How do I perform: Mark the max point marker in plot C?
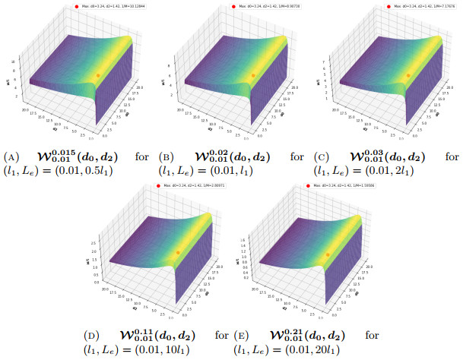[x=408, y=74]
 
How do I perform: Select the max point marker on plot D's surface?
[x=177, y=252]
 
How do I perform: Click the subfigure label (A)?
[x=11, y=157]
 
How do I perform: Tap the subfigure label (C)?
[x=322, y=157]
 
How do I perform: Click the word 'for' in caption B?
[x=297, y=157]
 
